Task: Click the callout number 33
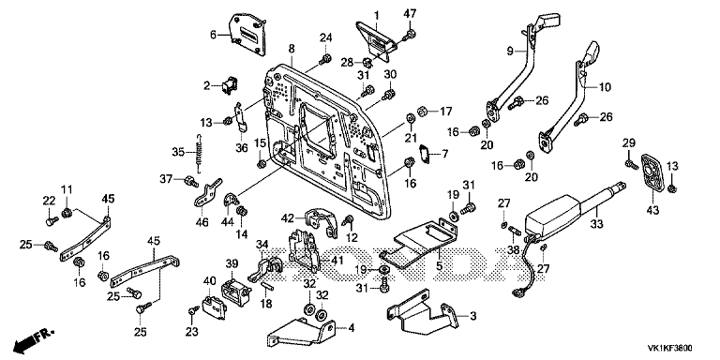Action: click(x=597, y=224)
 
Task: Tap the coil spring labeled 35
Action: click(x=198, y=152)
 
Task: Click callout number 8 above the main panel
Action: click(x=292, y=48)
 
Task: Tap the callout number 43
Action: click(x=652, y=210)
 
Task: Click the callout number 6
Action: click(x=212, y=35)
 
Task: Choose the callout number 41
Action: click(x=337, y=260)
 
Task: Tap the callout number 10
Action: click(x=606, y=87)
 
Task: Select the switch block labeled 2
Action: click(x=227, y=86)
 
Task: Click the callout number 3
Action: click(x=472, y=316)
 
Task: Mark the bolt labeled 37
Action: click(x=190, y=181)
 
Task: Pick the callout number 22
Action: click(x=49, y=201)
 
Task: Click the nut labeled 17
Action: click(x=423, y=112)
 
